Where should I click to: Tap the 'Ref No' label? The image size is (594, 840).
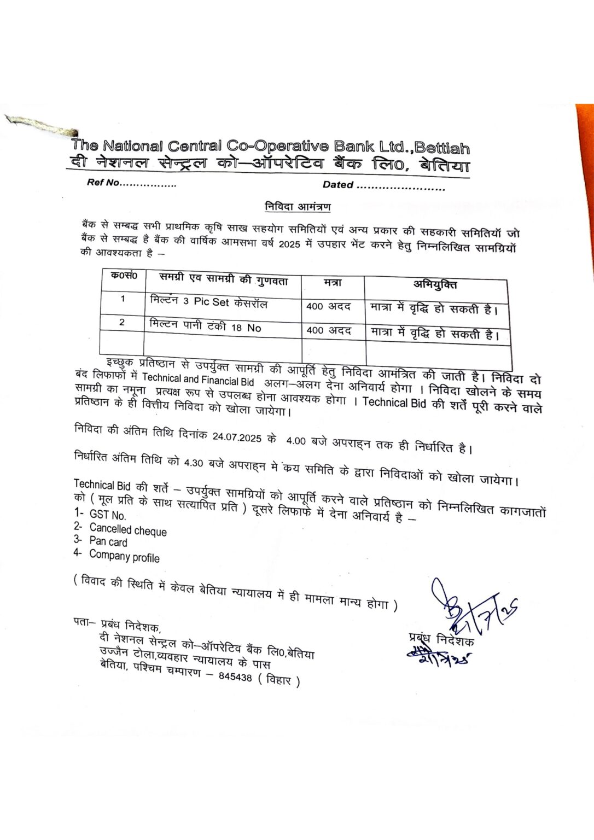(x=103, y=183)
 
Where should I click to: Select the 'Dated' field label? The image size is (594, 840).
(x=337, y=185)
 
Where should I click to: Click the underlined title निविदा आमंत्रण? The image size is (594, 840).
(x=298, y=207)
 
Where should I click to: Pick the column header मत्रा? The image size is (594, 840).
(x=332, y=283)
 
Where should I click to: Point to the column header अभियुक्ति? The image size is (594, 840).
(x=435, y=284)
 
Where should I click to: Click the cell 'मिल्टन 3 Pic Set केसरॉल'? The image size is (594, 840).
(x=208, y=302)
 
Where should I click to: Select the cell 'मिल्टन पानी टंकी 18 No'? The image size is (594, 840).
(x=205, y=326)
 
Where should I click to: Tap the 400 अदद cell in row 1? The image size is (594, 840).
(x=328, y=306)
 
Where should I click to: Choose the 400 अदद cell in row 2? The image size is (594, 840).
(x=329, y=330)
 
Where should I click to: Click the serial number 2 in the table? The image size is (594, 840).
(x=121, y=323)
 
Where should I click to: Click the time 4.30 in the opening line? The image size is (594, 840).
(x=194, y=463)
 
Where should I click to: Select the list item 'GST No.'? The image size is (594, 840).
(x=107, y=515)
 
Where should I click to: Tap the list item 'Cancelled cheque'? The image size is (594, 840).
(x=128, y=530)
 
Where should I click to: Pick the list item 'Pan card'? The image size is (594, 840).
(x=108, y=542)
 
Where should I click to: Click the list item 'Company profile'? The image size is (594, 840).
(x=124, y=557)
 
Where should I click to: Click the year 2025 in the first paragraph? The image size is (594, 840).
(x=289, y=244)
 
